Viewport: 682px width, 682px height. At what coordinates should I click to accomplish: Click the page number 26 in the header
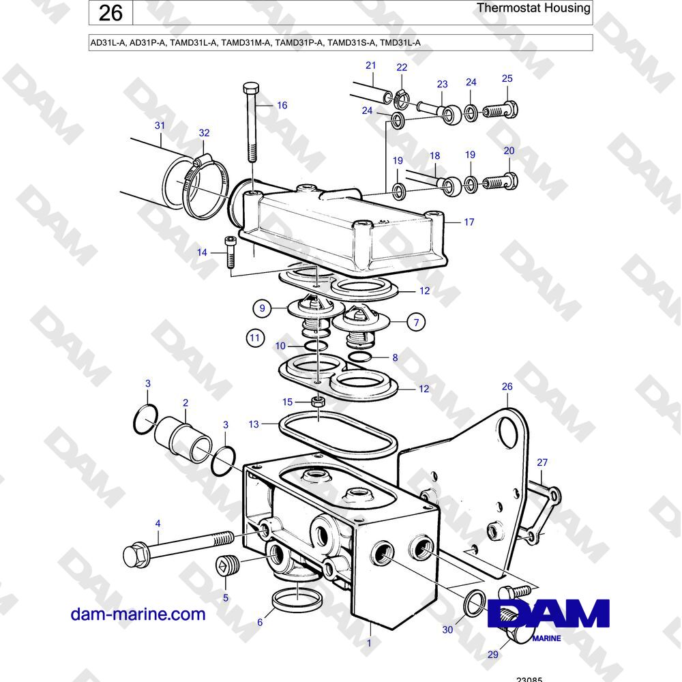[x=110, y=13]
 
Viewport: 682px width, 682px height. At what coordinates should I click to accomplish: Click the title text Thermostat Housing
[x=533, y=8]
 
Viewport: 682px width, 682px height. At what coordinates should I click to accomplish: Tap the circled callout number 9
[x=262, y=308]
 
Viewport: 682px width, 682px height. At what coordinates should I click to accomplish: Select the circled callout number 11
[x=255, y=338]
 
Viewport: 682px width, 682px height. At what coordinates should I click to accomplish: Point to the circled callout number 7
[x=416, y=323]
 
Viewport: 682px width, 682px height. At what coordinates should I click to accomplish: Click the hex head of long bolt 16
[x=251, y=89]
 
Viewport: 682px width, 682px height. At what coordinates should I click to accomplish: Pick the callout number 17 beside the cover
[x=469, y=222]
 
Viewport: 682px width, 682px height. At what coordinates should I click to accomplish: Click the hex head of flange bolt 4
[x=133, y=555]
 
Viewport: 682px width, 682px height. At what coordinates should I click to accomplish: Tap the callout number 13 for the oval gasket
[x=254, y=424]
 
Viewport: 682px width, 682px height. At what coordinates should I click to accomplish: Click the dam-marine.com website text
[x=138, y=614]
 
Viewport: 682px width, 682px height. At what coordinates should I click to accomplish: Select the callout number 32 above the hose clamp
[x=204, y=133]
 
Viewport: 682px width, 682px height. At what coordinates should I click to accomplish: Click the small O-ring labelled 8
[x=360, y=357]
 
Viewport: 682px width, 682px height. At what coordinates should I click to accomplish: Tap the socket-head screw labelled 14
[x=230, y=252]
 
